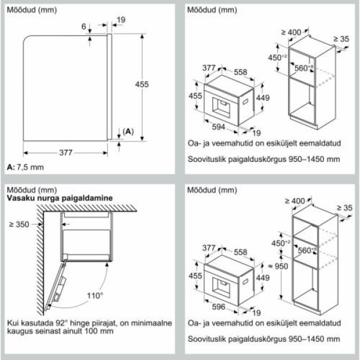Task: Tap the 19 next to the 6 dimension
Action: click(121, 20)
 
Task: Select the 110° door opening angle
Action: click(93, 296)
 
